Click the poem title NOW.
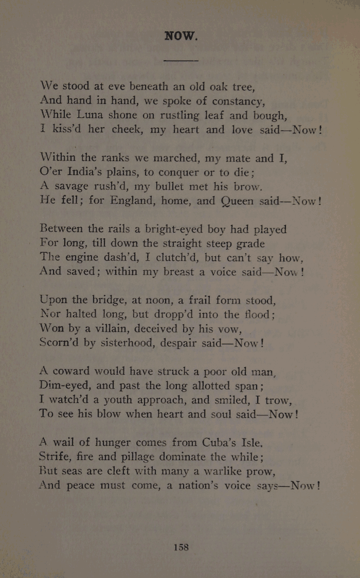(x=181, y=36)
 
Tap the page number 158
(x=181, y=547)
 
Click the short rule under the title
(x=181, y=61)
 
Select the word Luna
(x=95, y=114)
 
